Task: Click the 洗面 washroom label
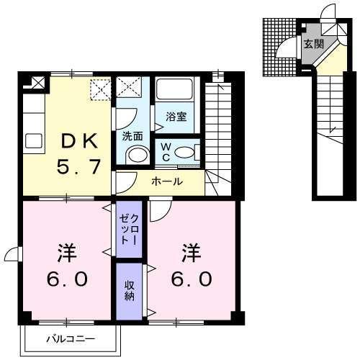pos(132,135)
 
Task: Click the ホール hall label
pos(166,182)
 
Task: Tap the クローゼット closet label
pos(128,229)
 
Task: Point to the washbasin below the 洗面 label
pos(134,155)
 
